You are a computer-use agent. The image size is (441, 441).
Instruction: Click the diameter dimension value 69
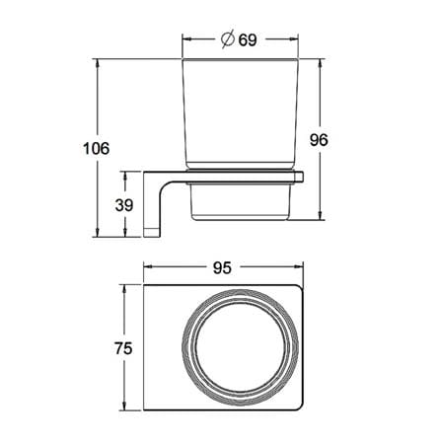point(248,40)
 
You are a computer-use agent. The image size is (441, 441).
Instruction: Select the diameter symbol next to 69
point(228,39)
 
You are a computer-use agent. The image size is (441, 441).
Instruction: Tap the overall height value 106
point(97,149)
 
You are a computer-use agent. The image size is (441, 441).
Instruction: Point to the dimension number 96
point(319,140)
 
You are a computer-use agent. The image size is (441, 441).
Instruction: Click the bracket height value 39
point(124,205)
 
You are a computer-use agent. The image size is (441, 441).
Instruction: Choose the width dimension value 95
point(222,268)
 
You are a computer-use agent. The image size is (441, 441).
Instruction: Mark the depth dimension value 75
point(123,348)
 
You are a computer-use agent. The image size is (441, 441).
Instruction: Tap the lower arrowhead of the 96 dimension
point(320,215)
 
